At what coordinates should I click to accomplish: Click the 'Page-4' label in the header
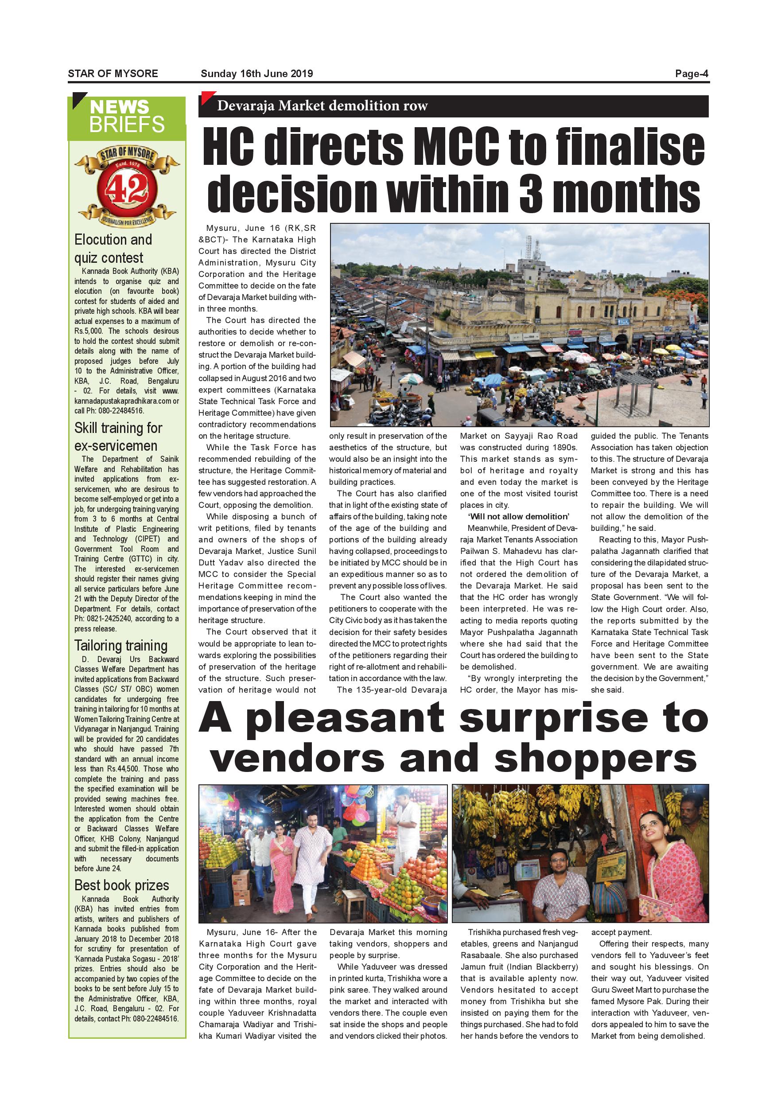tap(692, 74)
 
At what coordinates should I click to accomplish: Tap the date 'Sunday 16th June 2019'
tap(256, 74)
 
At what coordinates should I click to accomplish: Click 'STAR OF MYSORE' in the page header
tap(113, 74)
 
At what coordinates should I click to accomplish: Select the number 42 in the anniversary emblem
tap(127, 190)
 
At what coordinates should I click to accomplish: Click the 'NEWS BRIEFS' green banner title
tap(126, 116)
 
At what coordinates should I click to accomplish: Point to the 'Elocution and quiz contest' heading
tap(113, 249)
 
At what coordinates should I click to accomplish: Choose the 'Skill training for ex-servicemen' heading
tap(118, 436)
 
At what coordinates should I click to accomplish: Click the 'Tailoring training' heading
tap(120, 646)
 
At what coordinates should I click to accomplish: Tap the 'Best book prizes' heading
tap(121, 885)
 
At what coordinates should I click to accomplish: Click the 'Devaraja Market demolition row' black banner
tap(322, 106)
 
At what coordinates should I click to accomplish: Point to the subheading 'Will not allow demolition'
tap(519, 516)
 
